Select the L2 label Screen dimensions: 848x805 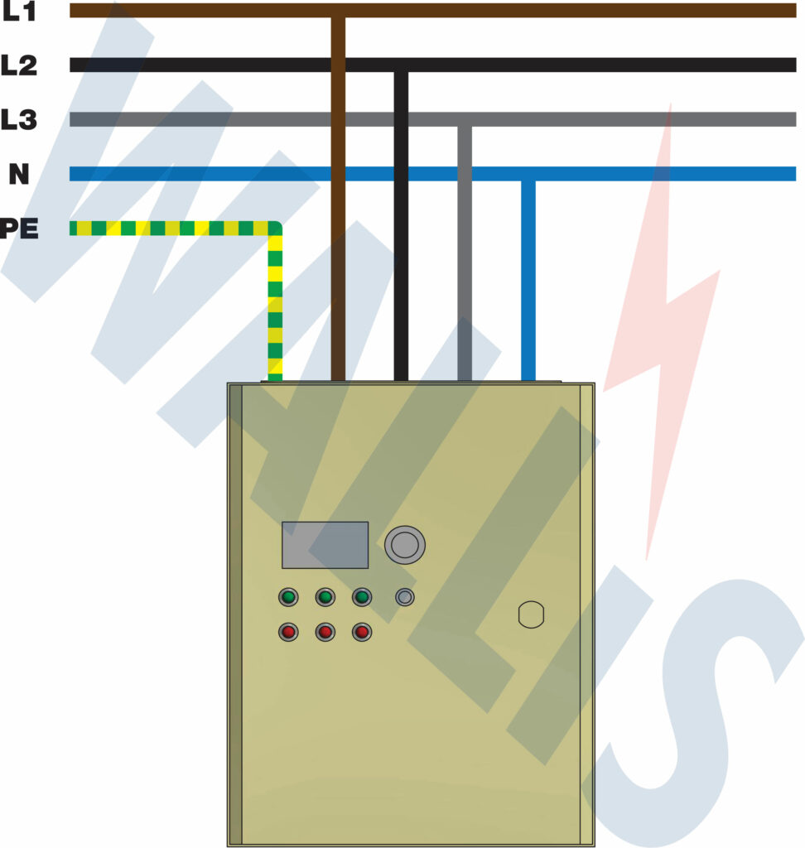point(19,65)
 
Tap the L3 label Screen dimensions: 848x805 point(19,119)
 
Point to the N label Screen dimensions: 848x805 point(19,174)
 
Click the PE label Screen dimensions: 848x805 point(19,229)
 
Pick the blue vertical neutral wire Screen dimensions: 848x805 point(528,282)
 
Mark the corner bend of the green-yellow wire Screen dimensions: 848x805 point(274,229)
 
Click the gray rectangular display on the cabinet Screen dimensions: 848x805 point(325,545)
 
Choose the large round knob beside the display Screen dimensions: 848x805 point(405,544)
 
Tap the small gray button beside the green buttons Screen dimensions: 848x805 point(405,596)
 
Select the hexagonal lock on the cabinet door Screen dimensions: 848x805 point(531,614)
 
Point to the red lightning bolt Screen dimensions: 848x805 point(663,331)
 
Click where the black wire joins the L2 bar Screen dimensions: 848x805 point(401,65)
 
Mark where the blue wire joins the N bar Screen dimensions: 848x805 point(528,175)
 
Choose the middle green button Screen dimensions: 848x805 point(325,596)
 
